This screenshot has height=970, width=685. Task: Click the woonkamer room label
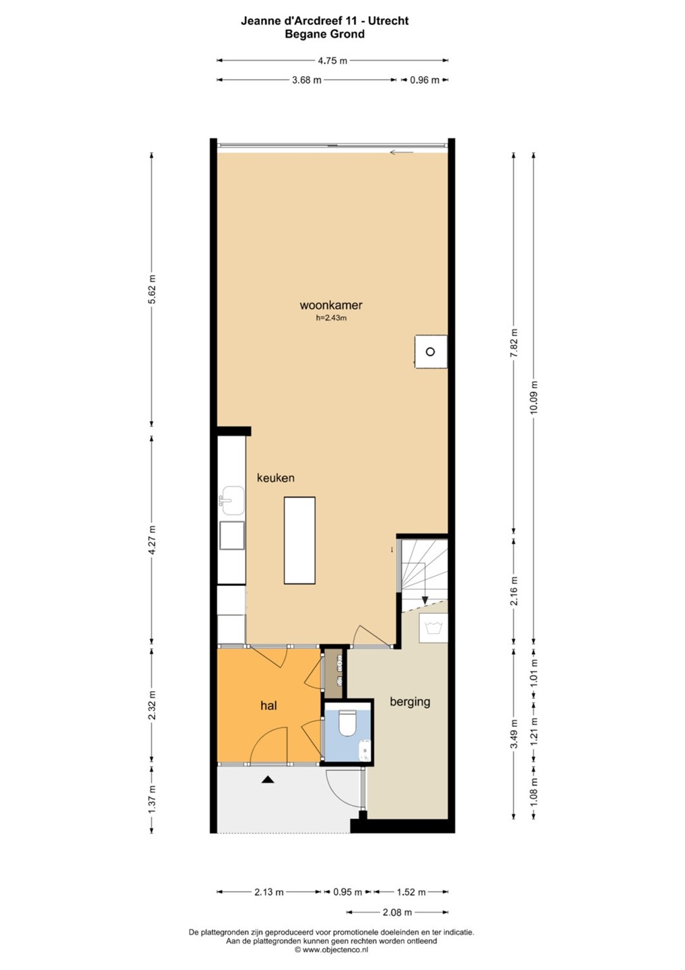(x=331, y=305)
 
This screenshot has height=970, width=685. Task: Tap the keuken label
(x=275, y=478)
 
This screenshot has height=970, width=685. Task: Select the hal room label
(x=268, y=706)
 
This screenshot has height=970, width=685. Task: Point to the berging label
(x=410, y=702)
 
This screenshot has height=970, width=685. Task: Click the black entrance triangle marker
(x=268, y=780)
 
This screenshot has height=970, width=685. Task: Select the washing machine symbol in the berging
(x=433, y=628)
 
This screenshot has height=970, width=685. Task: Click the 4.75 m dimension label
(x=332, y=61)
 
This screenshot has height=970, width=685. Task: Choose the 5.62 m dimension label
(x=152, y=289)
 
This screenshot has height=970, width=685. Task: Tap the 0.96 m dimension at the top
(x=424, y=79)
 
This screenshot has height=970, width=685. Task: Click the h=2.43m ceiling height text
(x=331, y=318)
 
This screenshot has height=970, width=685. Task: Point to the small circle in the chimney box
(x=430, y=352)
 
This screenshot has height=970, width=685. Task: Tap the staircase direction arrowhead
(x=425, y=600)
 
